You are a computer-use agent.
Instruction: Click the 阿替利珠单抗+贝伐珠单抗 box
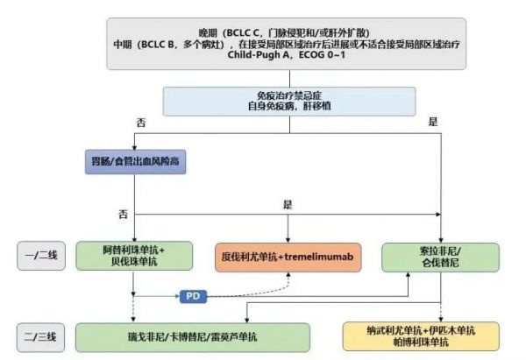coord(132,257)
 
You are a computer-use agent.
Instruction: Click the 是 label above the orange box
coord(287,204)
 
